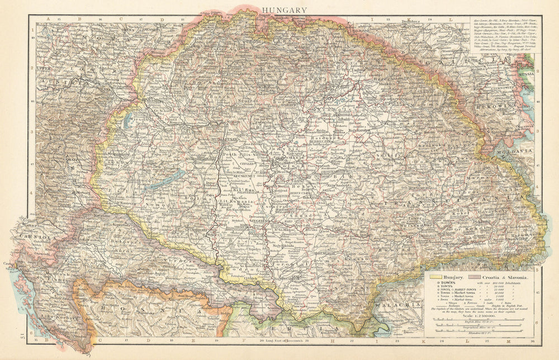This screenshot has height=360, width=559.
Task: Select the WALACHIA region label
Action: pos(395,305)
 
